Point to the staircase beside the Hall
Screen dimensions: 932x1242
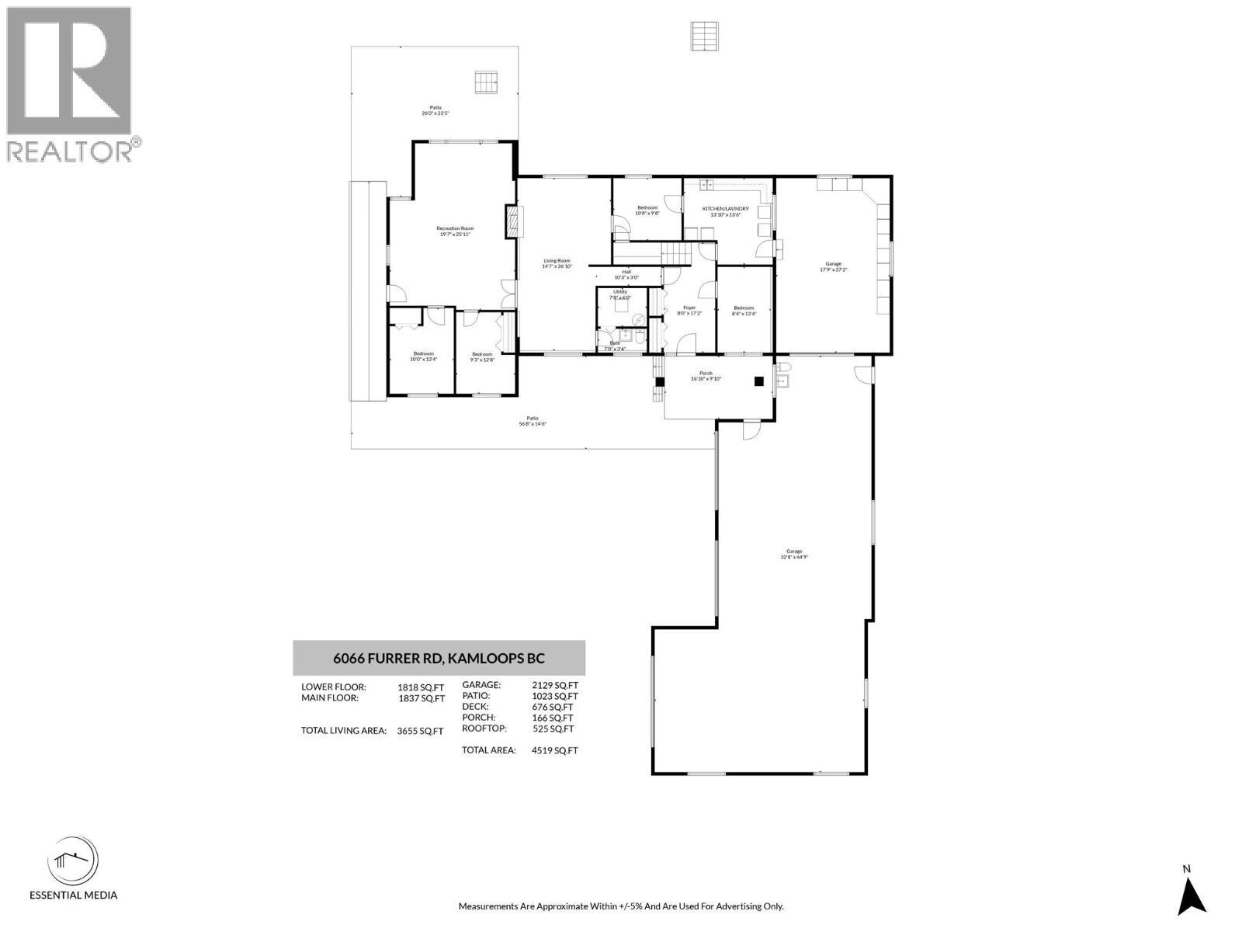coord(675,253)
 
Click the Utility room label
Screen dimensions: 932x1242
coord(619,294)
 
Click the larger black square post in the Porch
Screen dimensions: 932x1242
coord(759,381)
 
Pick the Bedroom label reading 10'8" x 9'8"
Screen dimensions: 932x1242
coord(647,210)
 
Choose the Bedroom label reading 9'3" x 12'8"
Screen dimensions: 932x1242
coord(482,356)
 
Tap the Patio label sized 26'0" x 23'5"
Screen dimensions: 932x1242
coord(435,110)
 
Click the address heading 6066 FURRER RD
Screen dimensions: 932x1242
coord(439,659)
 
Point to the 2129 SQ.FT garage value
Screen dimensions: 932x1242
coord(555,685)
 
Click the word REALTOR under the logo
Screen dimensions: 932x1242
coord(70,151)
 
